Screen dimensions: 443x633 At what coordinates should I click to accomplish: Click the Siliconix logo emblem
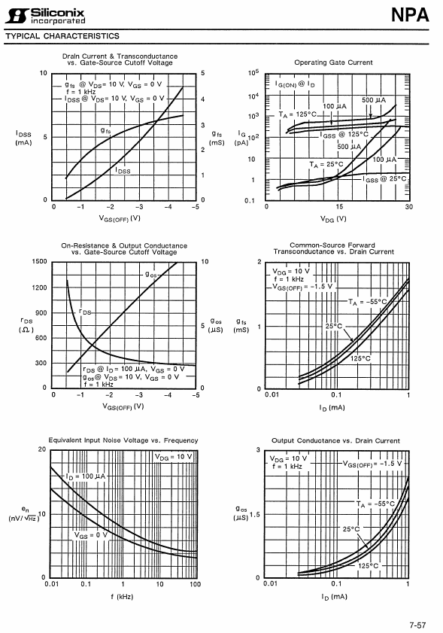coord(17,16)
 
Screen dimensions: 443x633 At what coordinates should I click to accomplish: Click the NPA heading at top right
coord(410,15)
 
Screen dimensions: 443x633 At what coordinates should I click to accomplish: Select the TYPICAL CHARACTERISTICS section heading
coord(62,36)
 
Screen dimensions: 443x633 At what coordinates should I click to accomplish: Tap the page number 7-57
coord(417,625)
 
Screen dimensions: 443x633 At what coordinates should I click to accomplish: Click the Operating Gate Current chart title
coord(333,62)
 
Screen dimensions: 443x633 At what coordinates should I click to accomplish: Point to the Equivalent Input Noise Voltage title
coord(123,440)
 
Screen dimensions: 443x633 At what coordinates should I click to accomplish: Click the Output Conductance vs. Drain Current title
coord(335,440)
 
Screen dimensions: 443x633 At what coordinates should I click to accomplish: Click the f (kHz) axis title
coord(122,596)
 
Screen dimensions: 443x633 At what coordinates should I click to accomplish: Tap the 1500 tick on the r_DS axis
coord(39,261)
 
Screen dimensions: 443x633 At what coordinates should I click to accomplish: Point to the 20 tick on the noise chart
coord(42,449)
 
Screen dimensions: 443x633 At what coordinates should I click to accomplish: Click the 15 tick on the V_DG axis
coord(339,207)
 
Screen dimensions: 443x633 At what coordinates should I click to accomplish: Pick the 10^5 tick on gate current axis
coord(253,73)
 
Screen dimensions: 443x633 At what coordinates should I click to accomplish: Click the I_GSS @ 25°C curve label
coord(384,179)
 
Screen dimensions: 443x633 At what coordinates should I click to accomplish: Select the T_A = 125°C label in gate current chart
coord(297,114)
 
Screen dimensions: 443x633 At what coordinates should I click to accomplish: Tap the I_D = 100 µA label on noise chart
coord(85,476)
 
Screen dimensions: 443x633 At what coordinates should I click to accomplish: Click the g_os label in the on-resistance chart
coord(151,275)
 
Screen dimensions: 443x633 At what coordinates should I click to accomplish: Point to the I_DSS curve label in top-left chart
coord(123,171)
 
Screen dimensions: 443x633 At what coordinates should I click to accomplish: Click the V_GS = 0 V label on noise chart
coord(91,536)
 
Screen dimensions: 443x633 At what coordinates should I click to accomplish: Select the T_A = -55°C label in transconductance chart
coord(368,302)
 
